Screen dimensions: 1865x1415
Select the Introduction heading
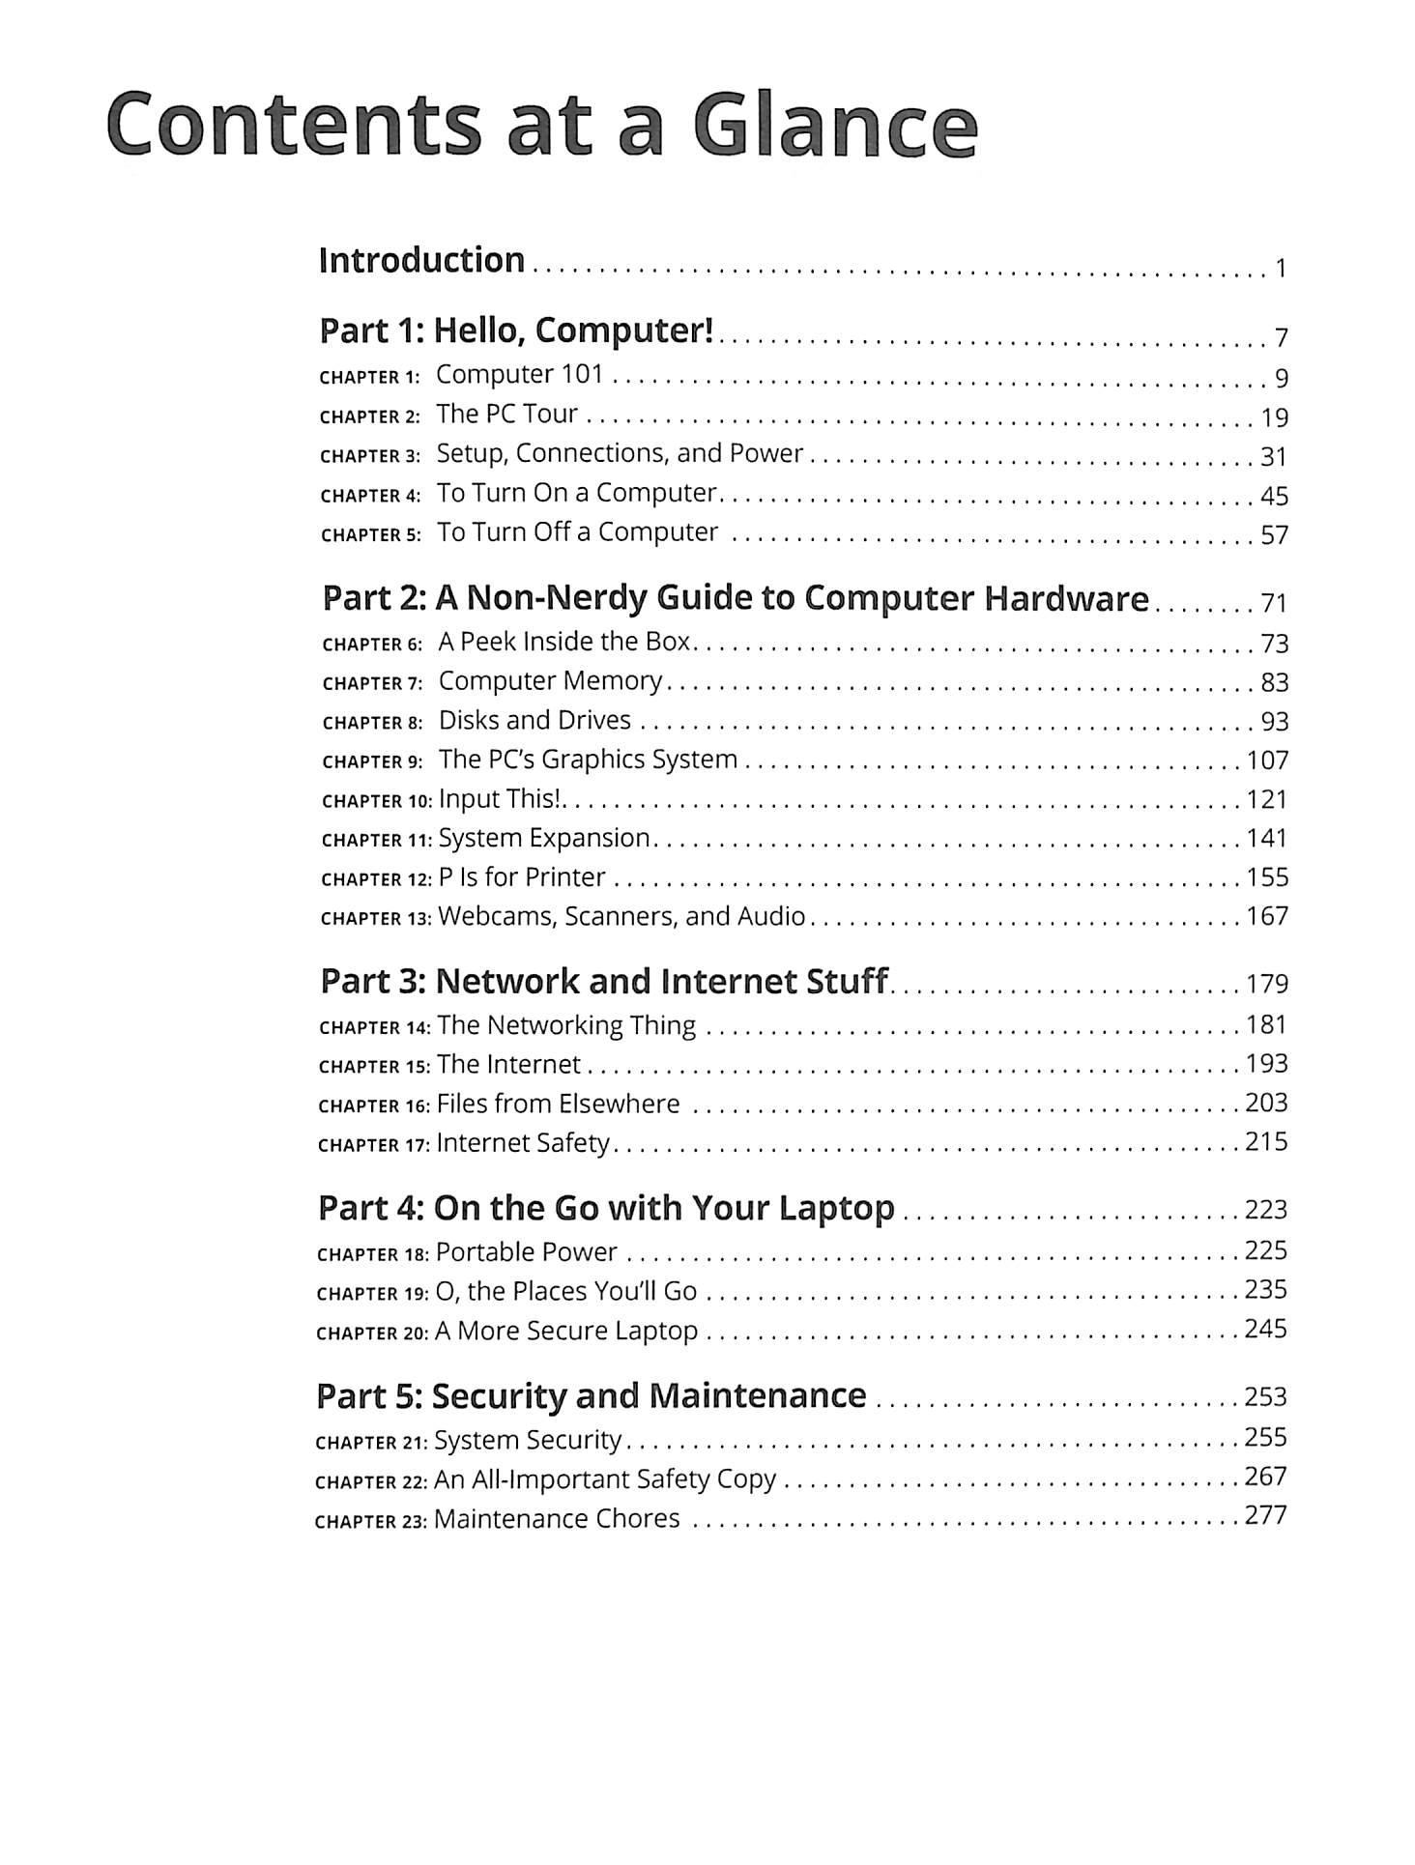click(421, 260)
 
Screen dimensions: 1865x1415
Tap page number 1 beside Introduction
click(1281, 269)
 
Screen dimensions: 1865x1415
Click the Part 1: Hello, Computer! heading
click(516, 330)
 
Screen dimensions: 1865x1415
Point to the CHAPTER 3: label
click(370, 456)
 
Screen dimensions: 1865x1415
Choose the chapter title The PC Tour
click(506, 414)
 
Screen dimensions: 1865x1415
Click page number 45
click(1274, 497)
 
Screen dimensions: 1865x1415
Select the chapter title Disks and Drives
click(534, 720)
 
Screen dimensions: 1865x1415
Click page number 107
click(1267, 760)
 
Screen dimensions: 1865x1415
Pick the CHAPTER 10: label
click(376, 801)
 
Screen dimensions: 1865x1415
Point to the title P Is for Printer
click(522, 876)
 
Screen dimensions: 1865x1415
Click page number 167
click(1267, 916)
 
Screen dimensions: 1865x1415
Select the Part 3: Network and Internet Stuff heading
click(603, 982)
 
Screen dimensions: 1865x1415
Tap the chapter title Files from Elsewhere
click(558, 1104)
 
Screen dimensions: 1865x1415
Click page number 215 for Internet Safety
click(1266, 1142)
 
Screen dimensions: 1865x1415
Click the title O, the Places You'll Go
click(565, 1291)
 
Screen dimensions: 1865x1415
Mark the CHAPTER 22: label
click(371, 1482)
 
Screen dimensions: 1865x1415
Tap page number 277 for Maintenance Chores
click(1265, 1515)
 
